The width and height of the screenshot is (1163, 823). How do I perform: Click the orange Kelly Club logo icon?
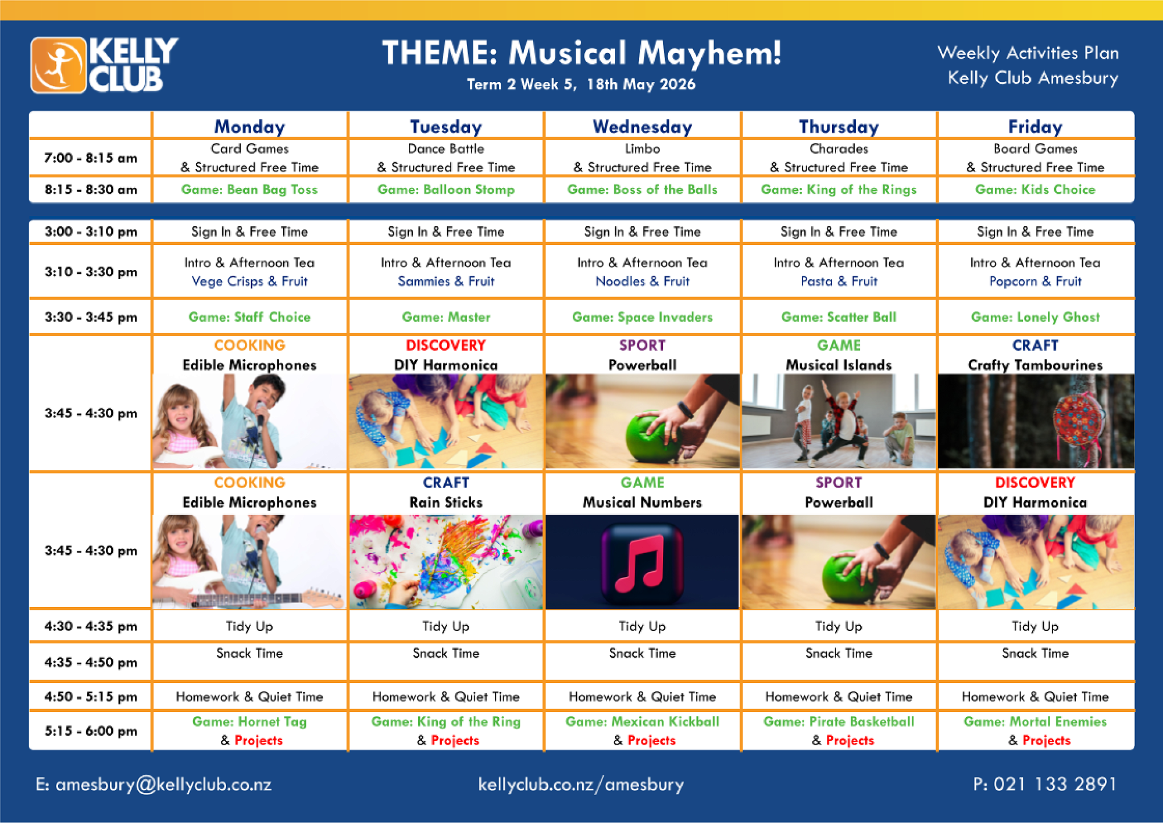click(x=59, y=65)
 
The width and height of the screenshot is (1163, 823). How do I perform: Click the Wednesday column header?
click(x=643, y=127)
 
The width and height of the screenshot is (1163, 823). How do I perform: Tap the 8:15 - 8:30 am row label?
click(x=91, y=190)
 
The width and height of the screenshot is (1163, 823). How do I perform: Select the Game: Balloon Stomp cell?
click(x=446, y=190)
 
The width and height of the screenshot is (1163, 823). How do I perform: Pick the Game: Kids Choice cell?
click(x=1035, y=190)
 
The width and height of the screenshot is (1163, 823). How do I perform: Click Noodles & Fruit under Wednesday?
click(x=643, y=282)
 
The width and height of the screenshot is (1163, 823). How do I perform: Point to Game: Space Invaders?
click(x=643, y=317)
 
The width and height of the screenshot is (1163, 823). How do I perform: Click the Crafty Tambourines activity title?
click(x=1035, y=365)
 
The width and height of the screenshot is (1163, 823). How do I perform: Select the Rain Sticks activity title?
click(x=446, y=503)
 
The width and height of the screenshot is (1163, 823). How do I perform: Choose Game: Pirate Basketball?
click(x=839, y=722)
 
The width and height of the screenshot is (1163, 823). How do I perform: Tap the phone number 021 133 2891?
click(x=1055, y=784)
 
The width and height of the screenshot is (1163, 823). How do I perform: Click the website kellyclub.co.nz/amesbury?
click(x=581, y=785)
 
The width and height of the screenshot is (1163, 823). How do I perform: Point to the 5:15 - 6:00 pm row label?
click(x=91, y=731)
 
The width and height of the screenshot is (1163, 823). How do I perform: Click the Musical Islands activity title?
click(x=839, y=365)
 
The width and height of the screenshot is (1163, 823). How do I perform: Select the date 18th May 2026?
click(x=641, y=84)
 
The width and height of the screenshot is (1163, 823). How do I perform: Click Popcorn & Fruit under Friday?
click(x=1035, y=282)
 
